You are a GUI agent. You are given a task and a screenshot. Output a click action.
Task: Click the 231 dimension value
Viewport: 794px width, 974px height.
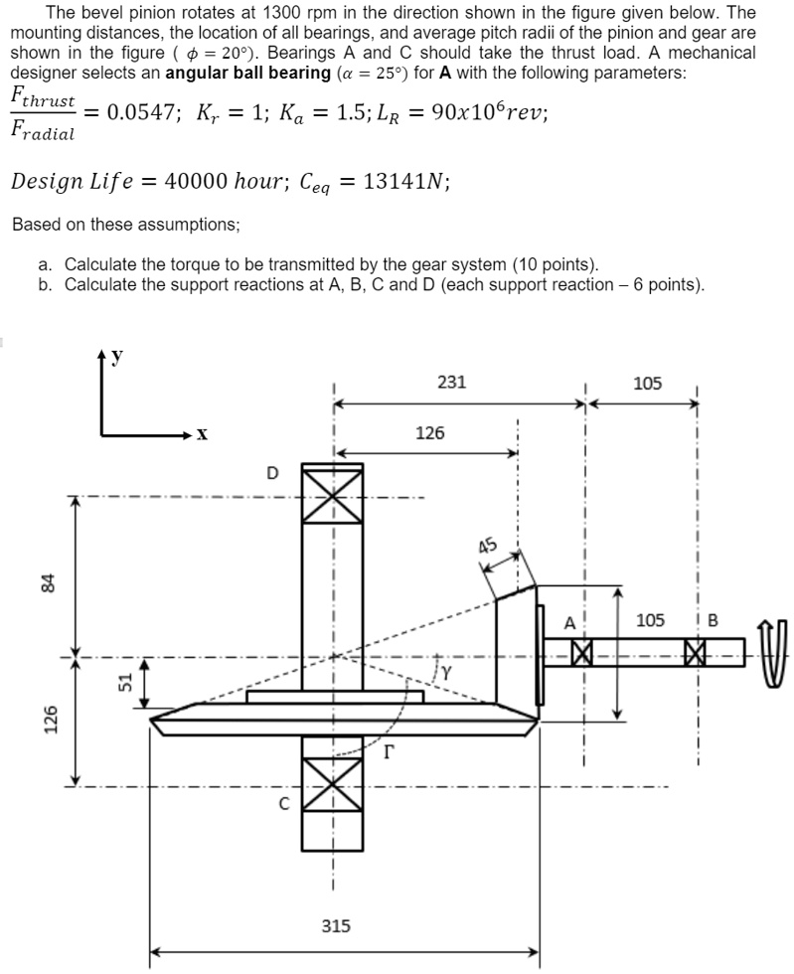452,382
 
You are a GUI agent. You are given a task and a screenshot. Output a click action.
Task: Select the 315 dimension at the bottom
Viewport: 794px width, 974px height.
336,925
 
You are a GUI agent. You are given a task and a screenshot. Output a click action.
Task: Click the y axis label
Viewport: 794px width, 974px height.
117,357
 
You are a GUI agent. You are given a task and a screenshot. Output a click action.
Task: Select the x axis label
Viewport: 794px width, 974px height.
202,434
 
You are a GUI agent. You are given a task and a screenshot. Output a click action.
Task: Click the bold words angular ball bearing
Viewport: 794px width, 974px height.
247,73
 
